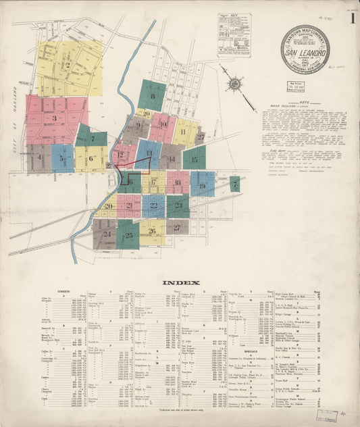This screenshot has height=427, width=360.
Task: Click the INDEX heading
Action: tap(180, 282)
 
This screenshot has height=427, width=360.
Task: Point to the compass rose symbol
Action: tap(234, 84)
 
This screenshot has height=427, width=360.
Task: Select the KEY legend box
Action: tap(234, 34)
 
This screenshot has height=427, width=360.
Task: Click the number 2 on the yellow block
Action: tap(68, 66)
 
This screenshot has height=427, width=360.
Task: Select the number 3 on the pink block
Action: tap(54, 119)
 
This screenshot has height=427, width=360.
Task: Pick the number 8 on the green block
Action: tap(152, 97)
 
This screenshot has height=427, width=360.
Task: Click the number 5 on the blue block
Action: tap(62, 159)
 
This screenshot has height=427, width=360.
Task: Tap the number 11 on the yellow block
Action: tap(182, 132)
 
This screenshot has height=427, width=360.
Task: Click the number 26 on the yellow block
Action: tap(152, 231)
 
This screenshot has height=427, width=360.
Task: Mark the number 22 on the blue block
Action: tap(153, 205)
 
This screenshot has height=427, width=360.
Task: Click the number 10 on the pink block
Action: tap(162, 124)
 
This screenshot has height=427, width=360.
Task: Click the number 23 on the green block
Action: tap(178, 205)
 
